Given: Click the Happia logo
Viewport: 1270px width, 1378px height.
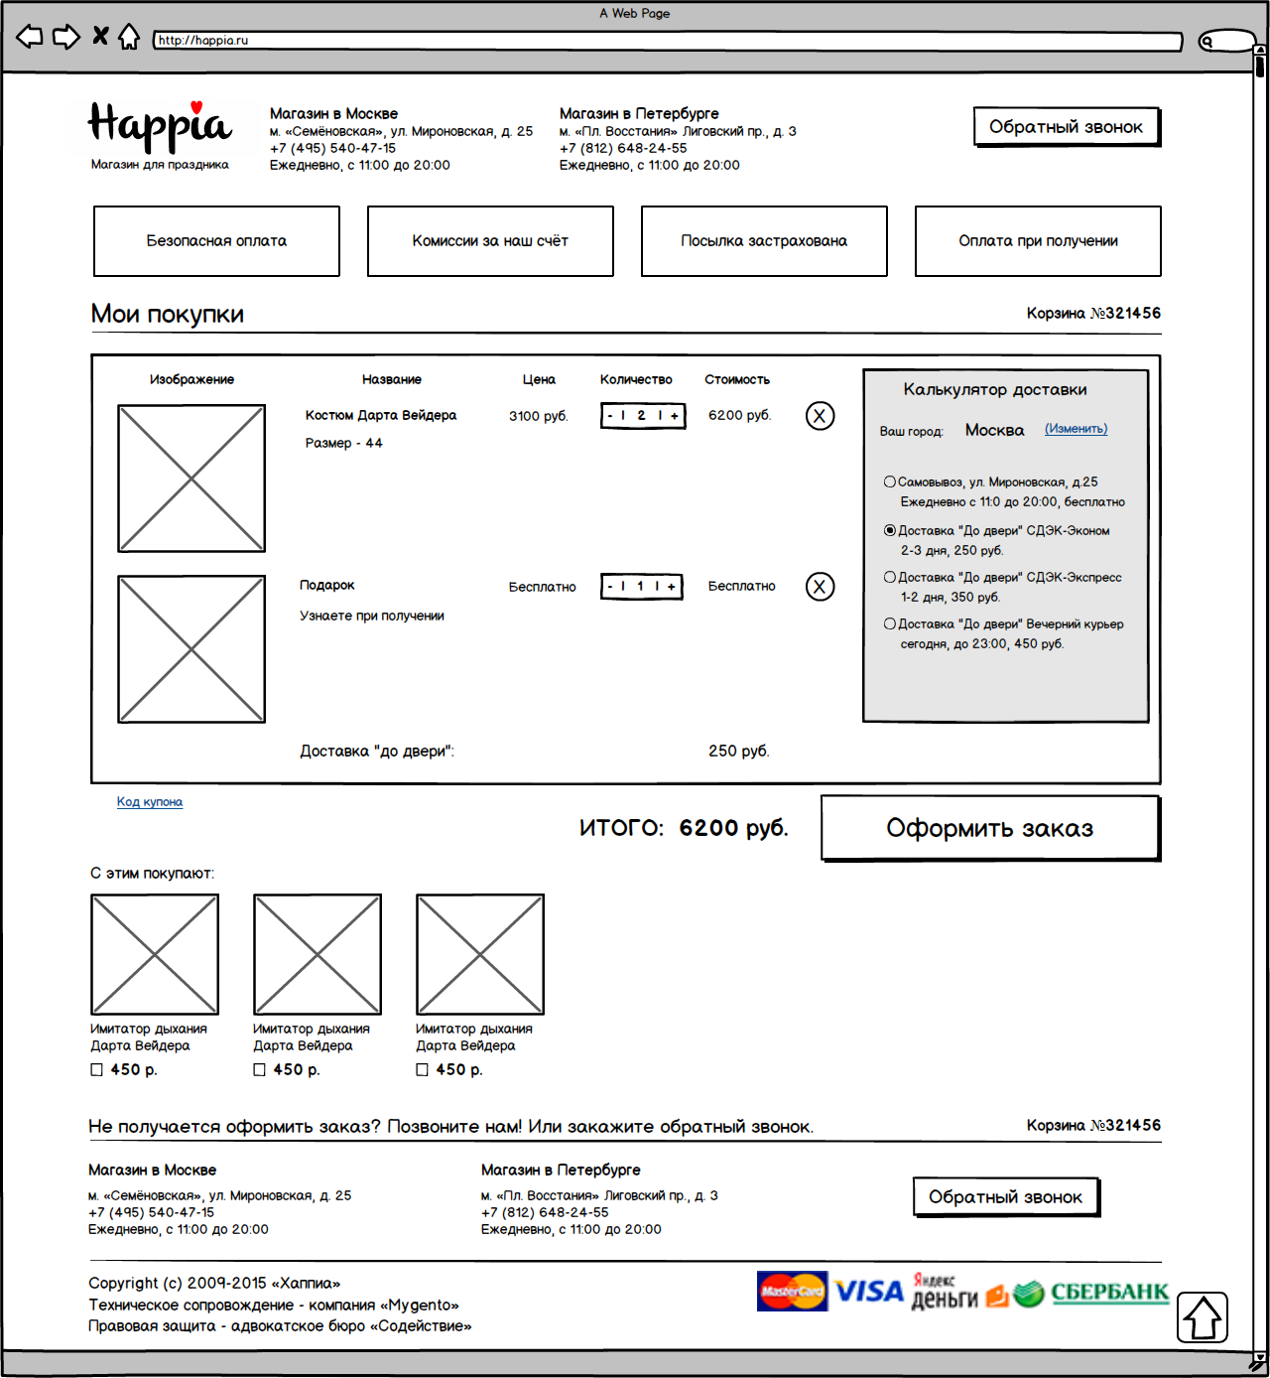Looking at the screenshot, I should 160,127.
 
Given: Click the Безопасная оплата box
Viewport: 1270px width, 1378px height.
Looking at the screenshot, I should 216,241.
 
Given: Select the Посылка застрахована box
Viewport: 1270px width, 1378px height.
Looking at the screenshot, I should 764,241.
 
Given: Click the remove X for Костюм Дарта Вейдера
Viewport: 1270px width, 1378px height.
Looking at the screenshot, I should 820,416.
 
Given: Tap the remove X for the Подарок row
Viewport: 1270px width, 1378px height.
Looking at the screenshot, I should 820,587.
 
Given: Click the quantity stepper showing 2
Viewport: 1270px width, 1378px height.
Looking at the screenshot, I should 643,416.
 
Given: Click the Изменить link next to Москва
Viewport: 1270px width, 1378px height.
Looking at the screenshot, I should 1076,429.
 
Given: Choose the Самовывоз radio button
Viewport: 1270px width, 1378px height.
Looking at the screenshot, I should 890,482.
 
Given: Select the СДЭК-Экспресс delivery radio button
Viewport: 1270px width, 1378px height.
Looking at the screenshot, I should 890,577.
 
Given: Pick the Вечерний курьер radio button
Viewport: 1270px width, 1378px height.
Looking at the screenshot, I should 890,623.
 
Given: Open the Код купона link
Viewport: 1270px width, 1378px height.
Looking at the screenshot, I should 150,802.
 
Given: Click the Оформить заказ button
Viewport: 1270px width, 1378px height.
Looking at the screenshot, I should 990,828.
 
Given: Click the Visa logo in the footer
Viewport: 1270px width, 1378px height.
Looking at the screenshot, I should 869,1292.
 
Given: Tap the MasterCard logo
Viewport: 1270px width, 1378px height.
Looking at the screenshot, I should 792,1292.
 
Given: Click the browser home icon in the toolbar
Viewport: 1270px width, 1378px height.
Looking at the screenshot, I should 129,37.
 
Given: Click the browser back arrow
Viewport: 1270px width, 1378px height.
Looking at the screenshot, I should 30,37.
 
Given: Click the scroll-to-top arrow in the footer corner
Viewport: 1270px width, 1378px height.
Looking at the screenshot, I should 1203,1317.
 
